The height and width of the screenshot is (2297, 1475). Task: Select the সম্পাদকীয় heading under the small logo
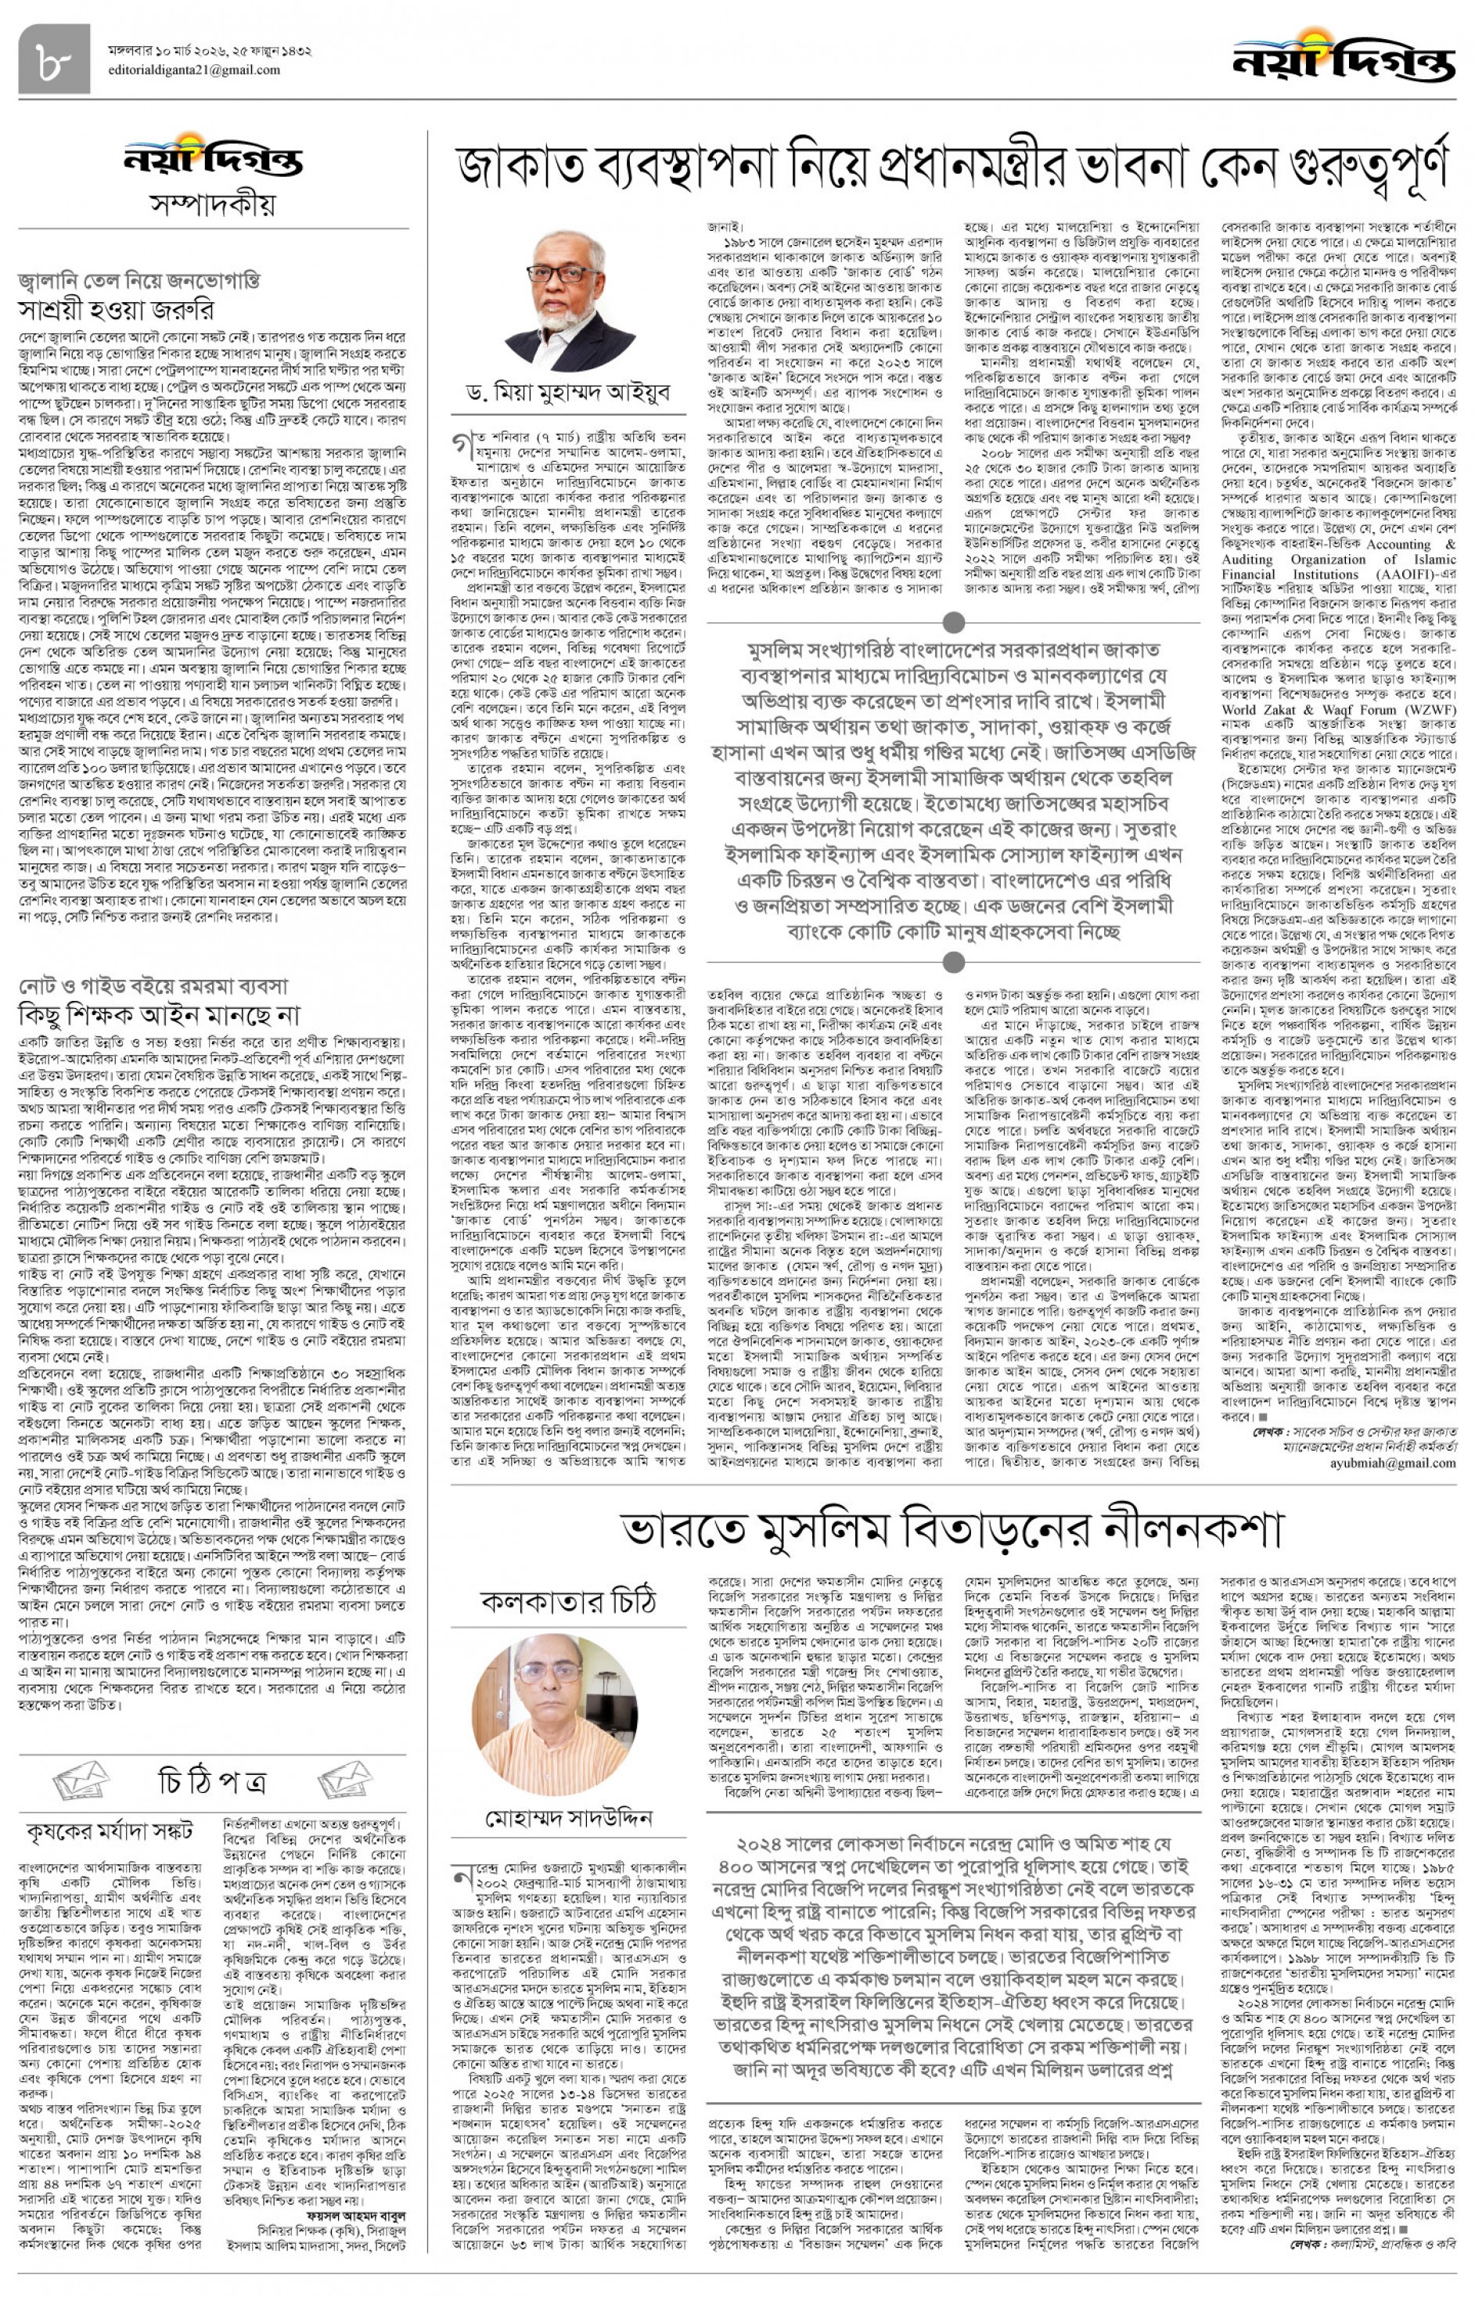[x=213, y=204]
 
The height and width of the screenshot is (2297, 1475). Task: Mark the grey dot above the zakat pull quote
[x=953, y=624]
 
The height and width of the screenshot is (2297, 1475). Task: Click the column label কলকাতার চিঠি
[x=569, y=1600]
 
